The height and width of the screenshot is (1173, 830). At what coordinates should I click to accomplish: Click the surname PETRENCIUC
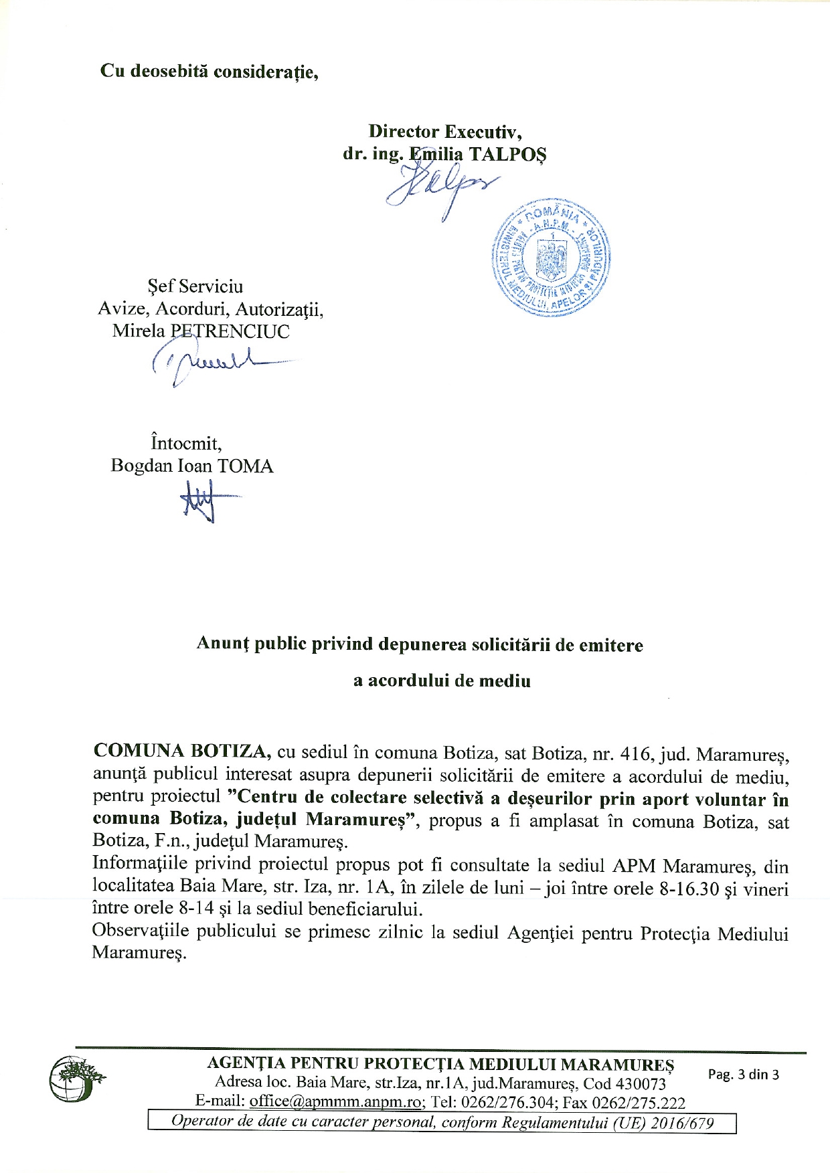click(230, 331)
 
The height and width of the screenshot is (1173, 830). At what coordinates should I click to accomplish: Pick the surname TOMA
click(246, 466)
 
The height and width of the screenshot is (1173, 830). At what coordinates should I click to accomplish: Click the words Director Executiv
click(445, 131)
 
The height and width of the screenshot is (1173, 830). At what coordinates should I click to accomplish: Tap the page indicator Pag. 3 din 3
click(744, 1074)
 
